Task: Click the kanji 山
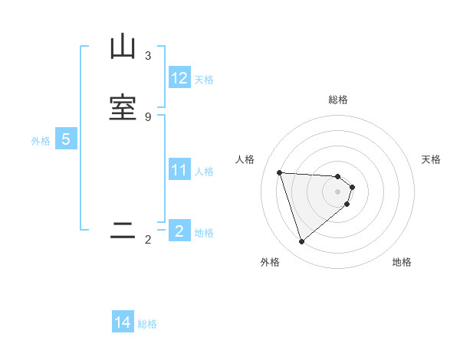(123, 48)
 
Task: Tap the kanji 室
(123, 108)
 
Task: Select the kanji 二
(123, 231)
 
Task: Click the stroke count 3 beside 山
(147, 56)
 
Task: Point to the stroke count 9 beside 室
(147, 116)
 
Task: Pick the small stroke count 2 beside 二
(147, 240)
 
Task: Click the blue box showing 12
(179, 78)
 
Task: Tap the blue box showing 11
(179, 170)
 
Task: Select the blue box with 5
(66, 140)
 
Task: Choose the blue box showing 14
(123, 322)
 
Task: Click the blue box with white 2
(179, 231)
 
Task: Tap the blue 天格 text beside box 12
(204, 80)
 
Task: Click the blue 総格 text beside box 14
(147, 324)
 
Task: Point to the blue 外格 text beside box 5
(41, 141)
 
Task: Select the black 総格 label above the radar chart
(338, 100)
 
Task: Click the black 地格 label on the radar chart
(402, 262)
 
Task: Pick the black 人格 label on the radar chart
(245, 159)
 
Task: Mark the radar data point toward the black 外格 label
(302, 242)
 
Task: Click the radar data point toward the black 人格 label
(280, 172)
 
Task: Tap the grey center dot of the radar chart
(338, 191)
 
